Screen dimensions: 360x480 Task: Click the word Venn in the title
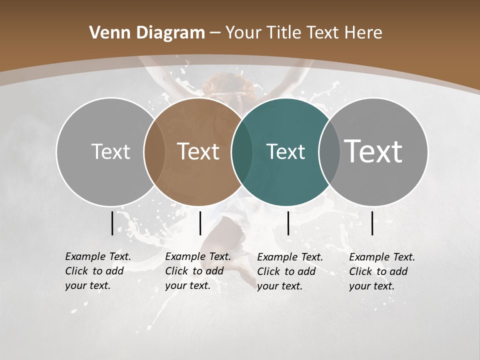105,33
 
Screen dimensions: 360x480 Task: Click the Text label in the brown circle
198,151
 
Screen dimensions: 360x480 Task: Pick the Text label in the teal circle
285,152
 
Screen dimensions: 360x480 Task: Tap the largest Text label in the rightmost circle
373,151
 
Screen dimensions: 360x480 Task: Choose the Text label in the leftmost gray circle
110,151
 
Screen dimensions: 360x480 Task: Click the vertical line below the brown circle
200,223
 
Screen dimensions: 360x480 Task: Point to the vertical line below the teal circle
288,223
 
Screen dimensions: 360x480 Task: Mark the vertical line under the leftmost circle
112,223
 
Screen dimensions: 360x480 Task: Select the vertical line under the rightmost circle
372,223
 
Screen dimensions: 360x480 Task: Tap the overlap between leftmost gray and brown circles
154,152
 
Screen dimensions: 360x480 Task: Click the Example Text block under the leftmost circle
98,271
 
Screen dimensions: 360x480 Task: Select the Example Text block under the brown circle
198,271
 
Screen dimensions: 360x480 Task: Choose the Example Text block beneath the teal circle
290,271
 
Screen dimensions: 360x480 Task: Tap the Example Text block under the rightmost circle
382,271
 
